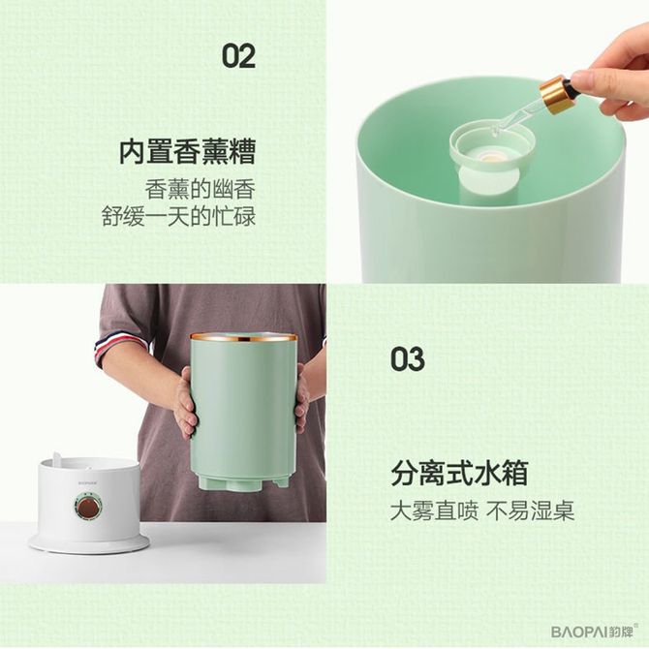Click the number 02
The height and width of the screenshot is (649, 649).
tap(238, 57)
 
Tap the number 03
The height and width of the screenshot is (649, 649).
tap(408, 359)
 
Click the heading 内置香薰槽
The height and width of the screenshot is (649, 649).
tap(188, 152)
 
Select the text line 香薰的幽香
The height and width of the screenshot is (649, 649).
tap(200, 190)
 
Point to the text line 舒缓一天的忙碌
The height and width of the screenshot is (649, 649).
tap(178, 216)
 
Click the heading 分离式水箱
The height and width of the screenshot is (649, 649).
tap(459, 473)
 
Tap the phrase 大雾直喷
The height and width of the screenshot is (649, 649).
tap(434, 510)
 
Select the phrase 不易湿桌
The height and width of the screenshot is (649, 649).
tap(531, 510)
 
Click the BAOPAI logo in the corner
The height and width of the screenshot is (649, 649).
tap(595, 632)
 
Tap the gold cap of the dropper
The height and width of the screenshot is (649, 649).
tap(555, 95)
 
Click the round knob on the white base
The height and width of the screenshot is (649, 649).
tap(88, 506)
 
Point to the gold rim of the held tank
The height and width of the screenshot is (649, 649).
tap(244, 337)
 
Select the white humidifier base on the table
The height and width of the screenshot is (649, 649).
tap(88, 505)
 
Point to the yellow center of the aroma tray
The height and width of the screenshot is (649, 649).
tap(489, 157)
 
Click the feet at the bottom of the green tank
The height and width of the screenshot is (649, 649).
tap(242, 483)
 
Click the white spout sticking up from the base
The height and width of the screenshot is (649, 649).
tap(57, 457)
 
